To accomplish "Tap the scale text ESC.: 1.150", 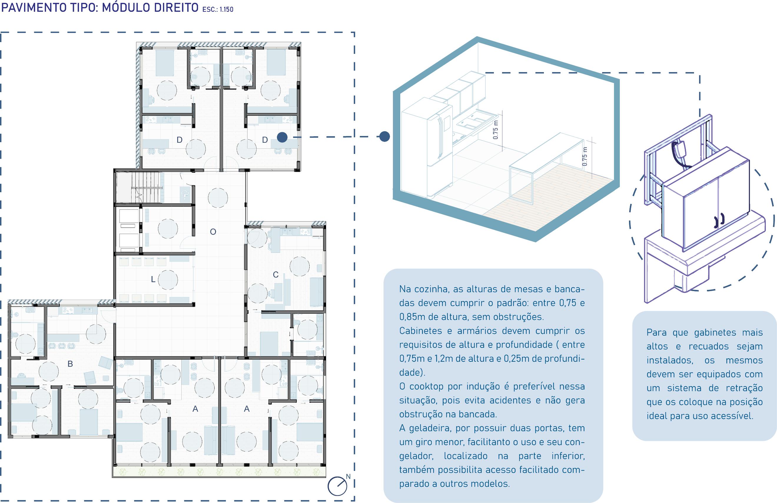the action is (218, 9).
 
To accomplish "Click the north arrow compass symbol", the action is (337, 486).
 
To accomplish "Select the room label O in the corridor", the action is (213, 232).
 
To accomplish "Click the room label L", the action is (153, 279).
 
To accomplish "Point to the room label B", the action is (70, 363).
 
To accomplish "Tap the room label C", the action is (275, 275).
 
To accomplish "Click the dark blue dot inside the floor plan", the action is (282, 137).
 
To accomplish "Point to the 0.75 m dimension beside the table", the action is (585, 156).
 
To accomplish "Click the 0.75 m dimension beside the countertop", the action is (496, 130).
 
